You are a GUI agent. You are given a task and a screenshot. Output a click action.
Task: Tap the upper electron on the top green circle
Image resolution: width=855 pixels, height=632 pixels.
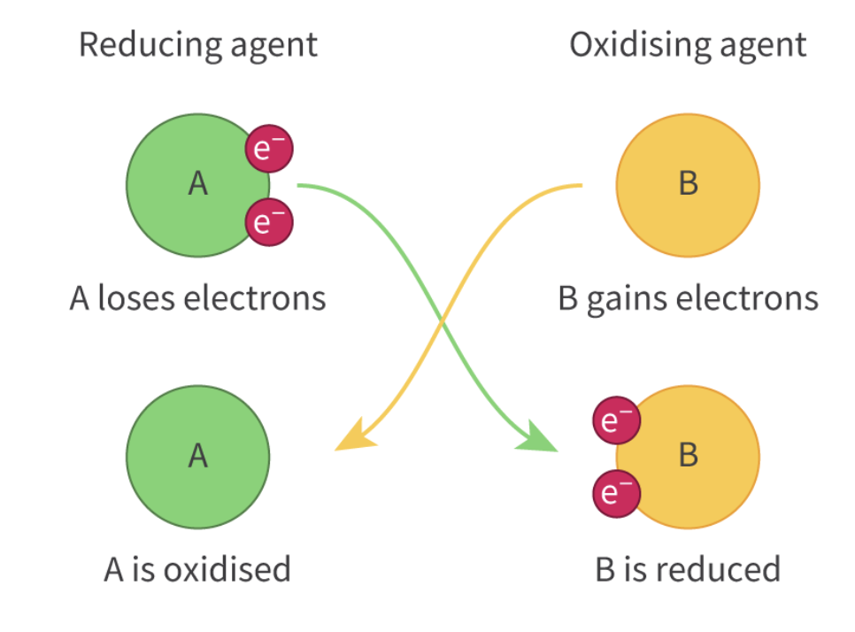pyautogui.click(x=269, y=149)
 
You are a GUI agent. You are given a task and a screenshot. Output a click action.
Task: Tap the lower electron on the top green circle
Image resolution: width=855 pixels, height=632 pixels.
pyautogui.click(x=269, y=222)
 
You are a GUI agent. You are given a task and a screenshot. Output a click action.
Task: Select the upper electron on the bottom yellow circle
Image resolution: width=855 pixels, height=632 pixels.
pyautogui.click(x=617, y=420)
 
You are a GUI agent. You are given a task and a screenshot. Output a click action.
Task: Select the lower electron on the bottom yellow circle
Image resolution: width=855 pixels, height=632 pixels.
pyautogui.click(x=617, y=494)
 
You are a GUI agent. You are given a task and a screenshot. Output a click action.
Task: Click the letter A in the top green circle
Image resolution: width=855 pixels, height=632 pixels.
pyautogui.click(x=198, y=183)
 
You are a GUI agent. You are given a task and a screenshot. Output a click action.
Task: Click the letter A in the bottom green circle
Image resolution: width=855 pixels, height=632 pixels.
pyautogui.click(x=198, y=455)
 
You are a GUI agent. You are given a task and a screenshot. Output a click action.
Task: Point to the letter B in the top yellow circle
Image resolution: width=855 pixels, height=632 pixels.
pyautogui.click(x=689, y=183)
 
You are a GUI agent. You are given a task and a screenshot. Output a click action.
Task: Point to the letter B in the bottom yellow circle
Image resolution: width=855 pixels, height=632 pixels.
pyautogui.click(x=689, y=455)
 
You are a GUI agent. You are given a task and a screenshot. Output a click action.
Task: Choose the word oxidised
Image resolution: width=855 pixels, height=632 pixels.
pyautogui.click(x=227, y=569)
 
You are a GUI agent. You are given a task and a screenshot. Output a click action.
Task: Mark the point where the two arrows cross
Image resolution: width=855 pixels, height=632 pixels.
pyautogui.click(x=443, y=321)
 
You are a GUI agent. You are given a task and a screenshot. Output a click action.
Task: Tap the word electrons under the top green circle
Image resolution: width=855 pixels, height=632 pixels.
pyautogui.click(x=255, y=298)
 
